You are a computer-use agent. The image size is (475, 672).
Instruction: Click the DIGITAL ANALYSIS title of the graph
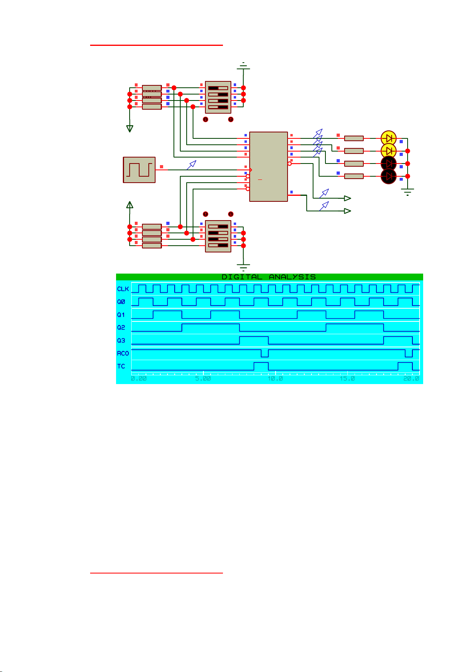pos(268,277)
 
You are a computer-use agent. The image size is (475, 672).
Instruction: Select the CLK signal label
pos(123,289)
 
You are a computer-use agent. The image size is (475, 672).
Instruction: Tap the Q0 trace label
pos(121,302)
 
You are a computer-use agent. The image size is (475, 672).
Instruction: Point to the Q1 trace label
pos(121,315)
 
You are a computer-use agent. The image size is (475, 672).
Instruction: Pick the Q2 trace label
pos(121,327)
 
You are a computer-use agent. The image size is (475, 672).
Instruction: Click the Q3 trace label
pos(121,340)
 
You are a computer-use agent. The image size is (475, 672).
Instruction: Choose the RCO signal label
pos(123,353)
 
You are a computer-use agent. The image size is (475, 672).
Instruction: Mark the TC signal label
pos(121,366)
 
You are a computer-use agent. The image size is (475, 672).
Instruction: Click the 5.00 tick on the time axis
pos(203,378)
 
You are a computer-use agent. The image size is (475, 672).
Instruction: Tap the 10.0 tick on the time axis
pos(275,378)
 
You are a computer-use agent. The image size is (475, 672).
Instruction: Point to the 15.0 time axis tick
pos(347,378)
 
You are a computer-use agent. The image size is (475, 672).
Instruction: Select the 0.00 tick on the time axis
pos(139,378)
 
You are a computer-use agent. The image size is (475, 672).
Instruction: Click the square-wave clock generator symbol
pos(139,170)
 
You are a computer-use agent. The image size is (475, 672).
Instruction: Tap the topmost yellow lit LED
pos(388,138)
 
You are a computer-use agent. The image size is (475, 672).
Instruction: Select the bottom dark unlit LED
pos(388,176)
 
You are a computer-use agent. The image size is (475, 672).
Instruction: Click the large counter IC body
pos(268,167)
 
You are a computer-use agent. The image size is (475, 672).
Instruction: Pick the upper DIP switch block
pos(218,97)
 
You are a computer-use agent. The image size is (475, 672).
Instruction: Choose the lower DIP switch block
pos(218,236)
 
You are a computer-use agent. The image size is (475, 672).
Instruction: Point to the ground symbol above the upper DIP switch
pos(243,67)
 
